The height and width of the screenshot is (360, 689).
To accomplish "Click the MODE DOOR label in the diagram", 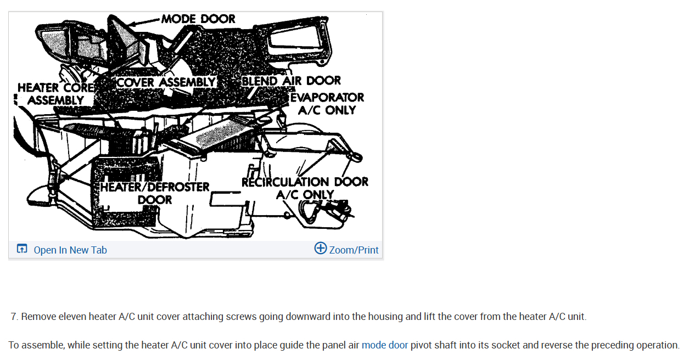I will [x=198, y=19].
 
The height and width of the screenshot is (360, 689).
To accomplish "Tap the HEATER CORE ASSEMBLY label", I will [x=55, y=94].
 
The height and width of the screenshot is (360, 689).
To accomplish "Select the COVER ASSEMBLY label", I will [x=166, y=82].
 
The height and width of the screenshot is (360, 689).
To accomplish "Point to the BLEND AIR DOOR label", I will [x=291, y=81].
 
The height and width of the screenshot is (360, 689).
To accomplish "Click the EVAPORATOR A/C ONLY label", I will [x=327, y=104].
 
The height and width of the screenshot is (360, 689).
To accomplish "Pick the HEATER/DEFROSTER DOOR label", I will [x=155, y=193].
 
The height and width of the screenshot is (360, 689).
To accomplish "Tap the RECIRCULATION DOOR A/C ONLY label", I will [x=305, y=188].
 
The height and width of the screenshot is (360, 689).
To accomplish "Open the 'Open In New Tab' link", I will [x=70, y=250].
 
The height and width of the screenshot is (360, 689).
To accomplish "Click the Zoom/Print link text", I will [x=354, y=250].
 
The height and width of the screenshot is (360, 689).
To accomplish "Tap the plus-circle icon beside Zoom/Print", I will [x=321, y=248].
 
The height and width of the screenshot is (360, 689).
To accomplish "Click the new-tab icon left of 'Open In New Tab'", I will [x=22, y=249].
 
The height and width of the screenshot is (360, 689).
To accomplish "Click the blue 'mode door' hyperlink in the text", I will [x=384, y=345].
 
